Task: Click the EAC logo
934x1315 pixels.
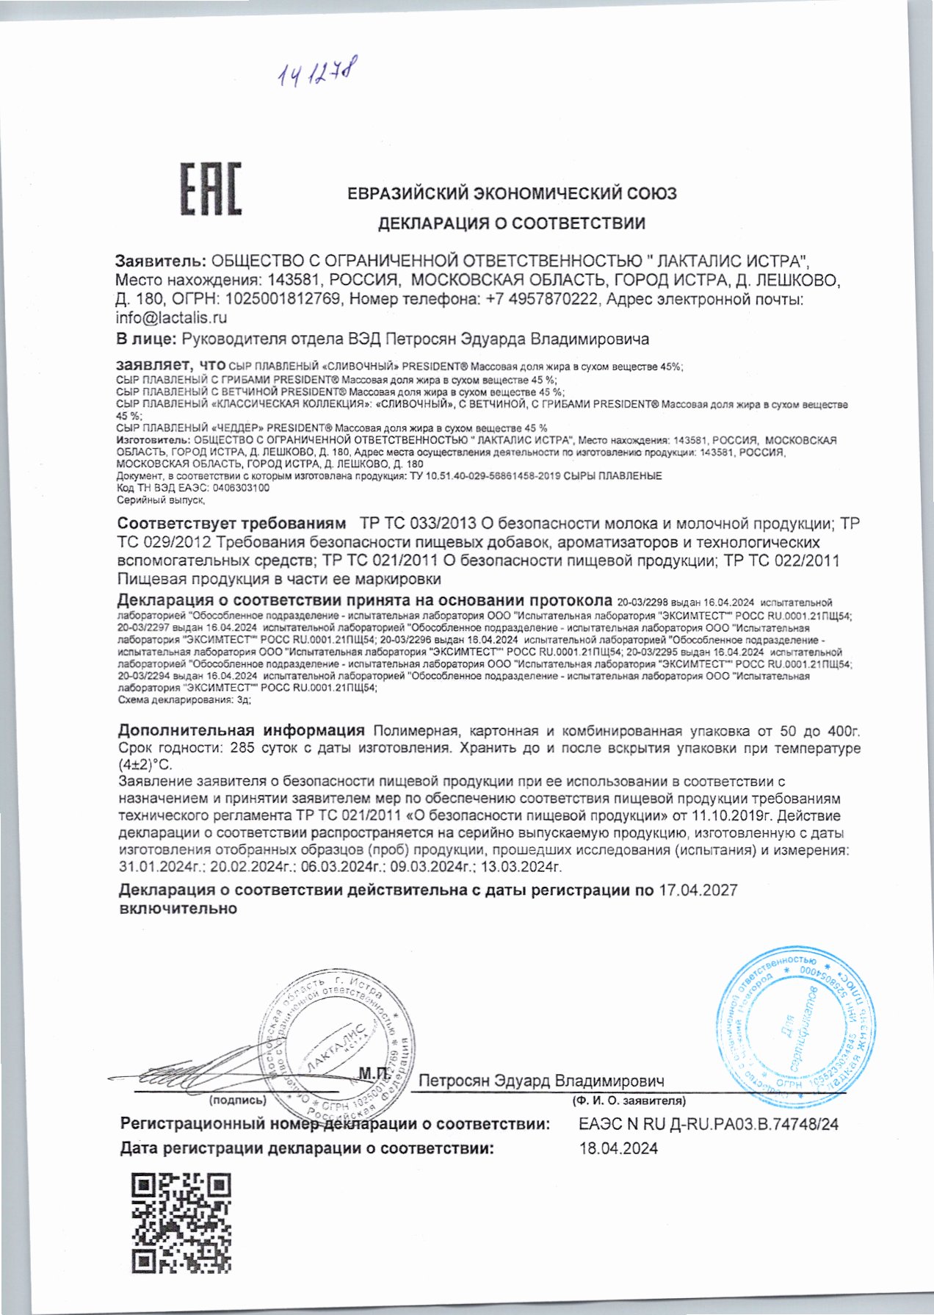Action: click(x=211, y=190)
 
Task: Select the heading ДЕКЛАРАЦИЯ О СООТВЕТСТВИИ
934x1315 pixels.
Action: click(x=512, y=223)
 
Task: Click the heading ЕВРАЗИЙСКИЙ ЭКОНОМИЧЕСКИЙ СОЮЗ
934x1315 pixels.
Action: click(x=512, y=194)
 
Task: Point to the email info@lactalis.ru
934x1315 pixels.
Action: click(x=171, y=318)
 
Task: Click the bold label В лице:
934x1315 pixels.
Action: click(x=145, y=339)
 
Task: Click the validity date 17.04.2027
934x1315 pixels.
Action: click(x=698, y=890)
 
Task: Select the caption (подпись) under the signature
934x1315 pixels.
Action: click(x=237, y=1100)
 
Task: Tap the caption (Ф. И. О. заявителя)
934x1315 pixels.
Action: click(x=629, y=1100)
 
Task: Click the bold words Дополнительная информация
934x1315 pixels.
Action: click(x=242, y=731)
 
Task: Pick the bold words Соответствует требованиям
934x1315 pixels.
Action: click(x=231, y=524)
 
